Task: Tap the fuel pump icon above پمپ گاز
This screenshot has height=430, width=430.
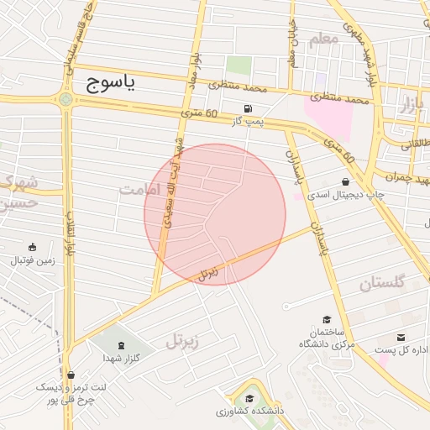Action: point(247,108)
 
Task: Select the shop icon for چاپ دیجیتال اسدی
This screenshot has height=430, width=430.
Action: point(345,182)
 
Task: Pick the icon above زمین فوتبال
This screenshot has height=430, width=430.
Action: point(32,247)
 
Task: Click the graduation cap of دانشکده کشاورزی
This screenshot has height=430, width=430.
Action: point(249,399)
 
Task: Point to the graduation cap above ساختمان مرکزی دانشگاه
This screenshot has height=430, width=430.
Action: point(327,319)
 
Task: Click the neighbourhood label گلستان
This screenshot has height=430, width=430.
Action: point(382,283)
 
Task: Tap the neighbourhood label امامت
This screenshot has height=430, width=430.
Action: point(139,190)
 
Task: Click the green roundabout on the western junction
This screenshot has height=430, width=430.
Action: point(66,100)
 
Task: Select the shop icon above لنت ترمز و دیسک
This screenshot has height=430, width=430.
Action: point(71,374)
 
